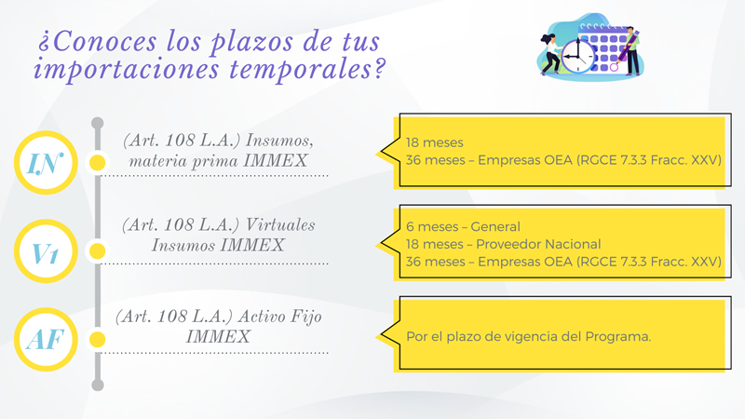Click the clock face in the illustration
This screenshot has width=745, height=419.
click(x=577, y=56)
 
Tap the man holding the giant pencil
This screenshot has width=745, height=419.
click(x=631, y=51)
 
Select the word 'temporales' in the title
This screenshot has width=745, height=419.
click(x=307, y=69)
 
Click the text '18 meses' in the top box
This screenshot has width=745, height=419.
click(x=434, y=142)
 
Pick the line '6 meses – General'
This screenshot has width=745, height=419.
click(x=463, y=226)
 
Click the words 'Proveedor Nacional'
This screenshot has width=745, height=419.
click(x=538, y=244)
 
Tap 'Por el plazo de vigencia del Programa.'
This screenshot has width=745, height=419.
click(x=528, y=336)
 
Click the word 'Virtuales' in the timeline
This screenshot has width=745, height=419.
click(x=280, y=224)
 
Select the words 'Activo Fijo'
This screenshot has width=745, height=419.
click(x=280, y=317)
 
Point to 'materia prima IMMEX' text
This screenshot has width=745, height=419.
click(x=218, y=161)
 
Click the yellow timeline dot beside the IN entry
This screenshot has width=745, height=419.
click(x=98, y=162)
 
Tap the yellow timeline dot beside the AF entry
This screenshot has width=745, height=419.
click(x=98, y=339)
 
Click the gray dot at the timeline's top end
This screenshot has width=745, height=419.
click(x=98, y=123)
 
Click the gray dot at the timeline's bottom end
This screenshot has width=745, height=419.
click(x=98, y=385)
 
